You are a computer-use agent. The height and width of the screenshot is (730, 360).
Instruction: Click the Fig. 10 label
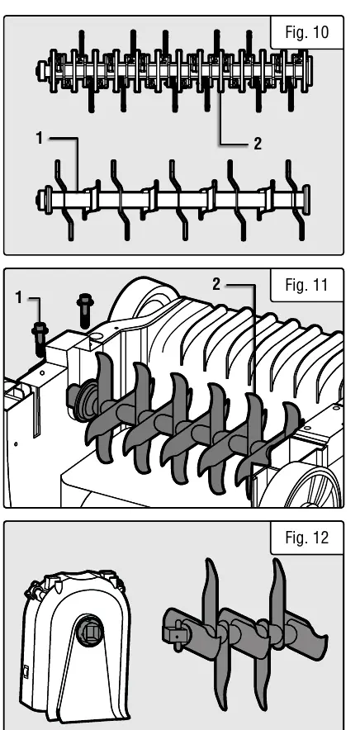[x=306, y=32]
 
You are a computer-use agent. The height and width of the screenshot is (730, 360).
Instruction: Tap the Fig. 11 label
[x=306, y=284]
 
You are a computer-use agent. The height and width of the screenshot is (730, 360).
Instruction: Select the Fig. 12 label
[x=306, y=538]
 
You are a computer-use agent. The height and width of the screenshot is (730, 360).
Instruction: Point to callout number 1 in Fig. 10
[x=40, y=138]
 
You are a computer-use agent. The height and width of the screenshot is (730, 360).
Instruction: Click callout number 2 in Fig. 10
[x=258, y=144]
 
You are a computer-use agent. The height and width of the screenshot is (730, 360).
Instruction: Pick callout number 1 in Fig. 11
[x=19, y=297]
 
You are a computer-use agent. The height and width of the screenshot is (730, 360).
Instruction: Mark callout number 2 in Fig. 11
[x=216, y=284]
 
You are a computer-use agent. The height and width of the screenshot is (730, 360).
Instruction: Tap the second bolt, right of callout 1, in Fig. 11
[x=85, y=310]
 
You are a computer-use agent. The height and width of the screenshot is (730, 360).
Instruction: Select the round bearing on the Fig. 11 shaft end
[x=83, y=401]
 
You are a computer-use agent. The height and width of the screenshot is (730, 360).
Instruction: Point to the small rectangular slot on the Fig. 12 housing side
[x=26, y=672]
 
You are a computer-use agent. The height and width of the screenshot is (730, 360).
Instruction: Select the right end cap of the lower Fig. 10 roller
[x=306, y=200]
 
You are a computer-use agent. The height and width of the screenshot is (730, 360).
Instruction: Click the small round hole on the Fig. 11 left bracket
[x=42, y=373]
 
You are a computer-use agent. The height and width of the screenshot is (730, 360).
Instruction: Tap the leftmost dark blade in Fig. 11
[x=102, y=405]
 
